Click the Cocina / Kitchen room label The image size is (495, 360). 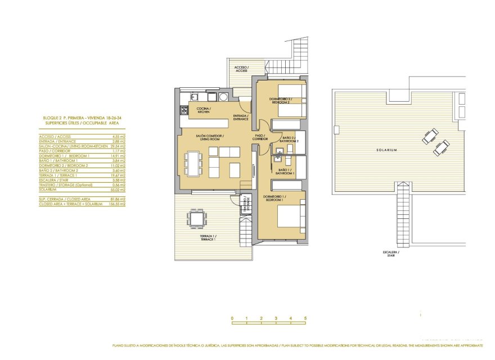[203, 110]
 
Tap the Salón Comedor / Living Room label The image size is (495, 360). [210, 138]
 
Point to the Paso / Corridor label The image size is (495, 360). [259, 137]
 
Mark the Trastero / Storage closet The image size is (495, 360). [245, 204]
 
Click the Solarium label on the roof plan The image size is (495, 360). [387, 150]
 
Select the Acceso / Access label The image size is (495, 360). [241, 69]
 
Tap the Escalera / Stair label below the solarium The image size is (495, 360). [390, 254]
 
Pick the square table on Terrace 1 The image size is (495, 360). [196, 217]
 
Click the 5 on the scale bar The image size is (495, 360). [305, 318]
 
